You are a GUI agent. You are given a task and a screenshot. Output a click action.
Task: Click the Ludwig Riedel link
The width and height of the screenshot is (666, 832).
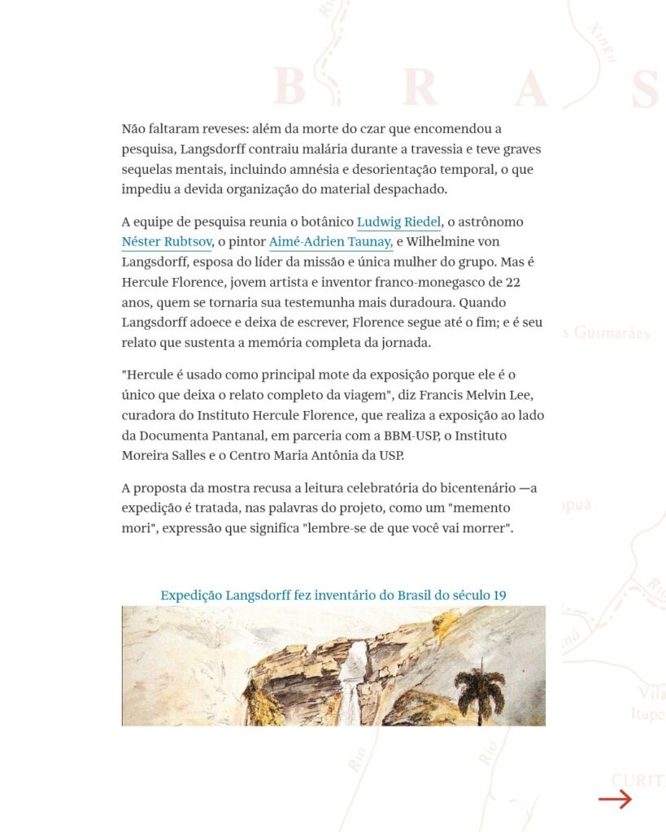click(x=398, y=222)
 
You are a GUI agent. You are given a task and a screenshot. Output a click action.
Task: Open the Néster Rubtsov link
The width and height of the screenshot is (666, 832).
click(x=167, y=242)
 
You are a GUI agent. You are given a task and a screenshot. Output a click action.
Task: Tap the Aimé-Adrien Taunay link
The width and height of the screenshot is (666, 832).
click(x=331, y=242)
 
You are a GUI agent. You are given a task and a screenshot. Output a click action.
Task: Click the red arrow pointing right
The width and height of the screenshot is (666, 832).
click(x=615, y=800)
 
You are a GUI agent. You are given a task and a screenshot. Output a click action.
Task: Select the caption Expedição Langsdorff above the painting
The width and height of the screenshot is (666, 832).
click(x=333, y=596)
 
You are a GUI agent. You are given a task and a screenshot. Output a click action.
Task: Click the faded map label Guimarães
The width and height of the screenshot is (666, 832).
click(x=612, y=333)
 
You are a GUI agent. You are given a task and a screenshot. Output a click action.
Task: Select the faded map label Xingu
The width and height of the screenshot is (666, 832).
click(x=603, y=40)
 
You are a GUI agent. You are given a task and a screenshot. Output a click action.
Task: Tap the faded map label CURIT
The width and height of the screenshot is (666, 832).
click(x=638, y=781)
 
